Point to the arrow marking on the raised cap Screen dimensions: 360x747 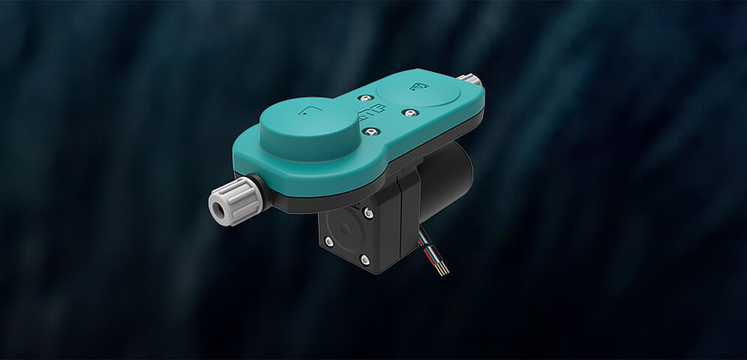(x=306, y=112)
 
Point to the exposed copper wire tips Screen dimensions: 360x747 (x=442, y=268)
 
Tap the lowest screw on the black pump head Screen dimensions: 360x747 (x=365, y=259)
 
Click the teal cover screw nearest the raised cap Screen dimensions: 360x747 (x=367, y=131)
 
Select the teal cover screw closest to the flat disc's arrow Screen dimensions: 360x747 (x=410, y=112)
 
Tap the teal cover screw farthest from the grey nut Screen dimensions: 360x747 (x=410, y=112)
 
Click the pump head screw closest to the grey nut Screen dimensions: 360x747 (x=328, y=240)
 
